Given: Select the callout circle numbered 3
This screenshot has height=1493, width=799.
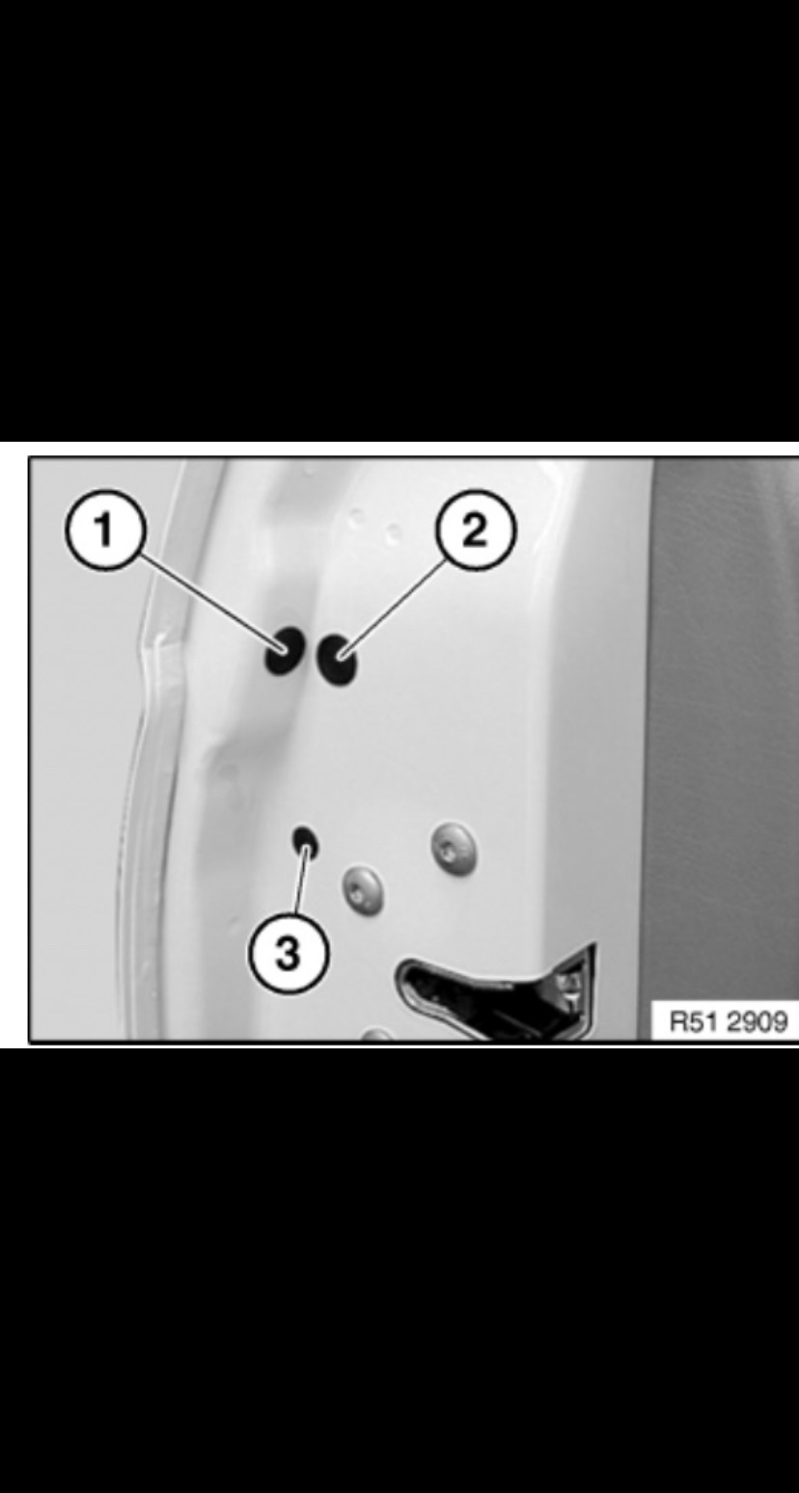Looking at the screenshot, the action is tap(289, 953).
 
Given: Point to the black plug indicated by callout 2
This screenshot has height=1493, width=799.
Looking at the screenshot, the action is tap(336, 661).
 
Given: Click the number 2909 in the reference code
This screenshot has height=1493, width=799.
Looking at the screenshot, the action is tap(758, 1021).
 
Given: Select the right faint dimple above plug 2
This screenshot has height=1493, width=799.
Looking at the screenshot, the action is tap(395, 531).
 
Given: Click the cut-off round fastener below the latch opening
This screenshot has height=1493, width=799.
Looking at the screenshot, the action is tap(377, 1035).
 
